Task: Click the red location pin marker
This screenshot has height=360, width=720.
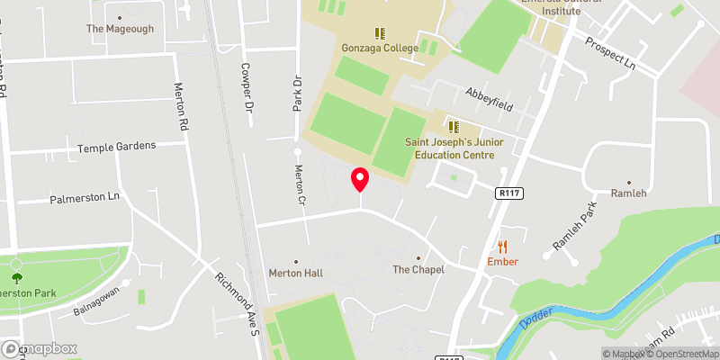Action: pos(360,179)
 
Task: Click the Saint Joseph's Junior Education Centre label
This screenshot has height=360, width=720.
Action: pos(449,148)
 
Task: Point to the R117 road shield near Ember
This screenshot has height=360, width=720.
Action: pos(508,192)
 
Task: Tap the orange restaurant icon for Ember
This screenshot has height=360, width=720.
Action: pos(502,246)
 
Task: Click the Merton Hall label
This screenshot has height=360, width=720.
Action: pos(295,272)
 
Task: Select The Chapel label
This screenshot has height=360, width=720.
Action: pos(418,269)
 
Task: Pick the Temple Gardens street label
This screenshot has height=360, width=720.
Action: pos(116,146)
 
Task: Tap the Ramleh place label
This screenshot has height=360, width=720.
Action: pos(628,193)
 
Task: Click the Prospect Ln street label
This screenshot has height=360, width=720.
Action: pos(610,56)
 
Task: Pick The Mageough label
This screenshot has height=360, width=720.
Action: pos(120,29)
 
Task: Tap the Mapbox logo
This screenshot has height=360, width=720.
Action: pos(39,348)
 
